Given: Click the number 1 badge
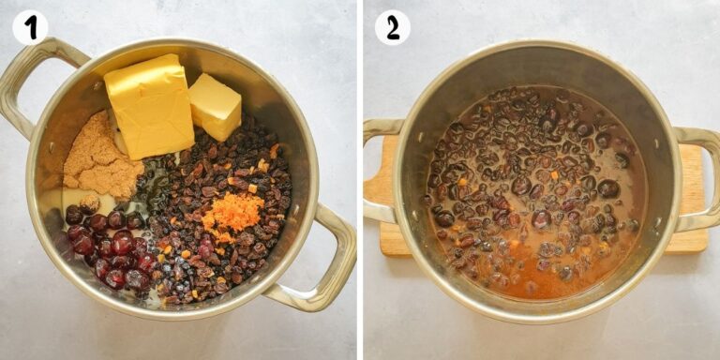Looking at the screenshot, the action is click(30, 27).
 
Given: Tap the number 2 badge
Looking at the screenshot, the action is click(393, 27).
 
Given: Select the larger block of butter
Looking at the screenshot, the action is click(149, 106).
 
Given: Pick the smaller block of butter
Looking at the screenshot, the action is click(215, 107).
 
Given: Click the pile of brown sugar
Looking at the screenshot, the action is click(101, 157).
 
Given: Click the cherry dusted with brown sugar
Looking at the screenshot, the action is click(90, 204).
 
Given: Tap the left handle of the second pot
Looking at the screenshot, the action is click(378, 170).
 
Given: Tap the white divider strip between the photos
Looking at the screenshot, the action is click(360, 180).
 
